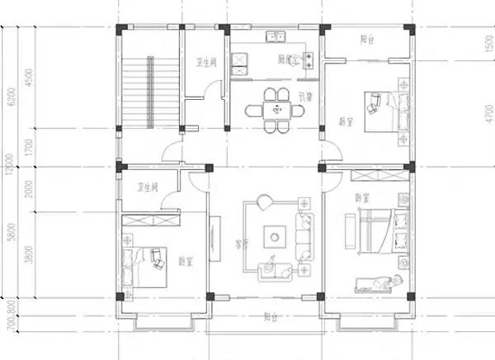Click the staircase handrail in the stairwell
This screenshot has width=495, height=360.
(x=150, y=91)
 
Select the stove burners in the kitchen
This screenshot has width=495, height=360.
(x=310, y=59)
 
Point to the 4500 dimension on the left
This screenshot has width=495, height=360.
(x=30, y=78)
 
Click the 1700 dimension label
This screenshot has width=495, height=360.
(x=30, y=148)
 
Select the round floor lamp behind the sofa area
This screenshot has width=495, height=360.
(x=263, y=201)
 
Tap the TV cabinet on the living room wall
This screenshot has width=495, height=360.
(x=214, y=240)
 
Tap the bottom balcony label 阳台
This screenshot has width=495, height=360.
(x=270, y=315)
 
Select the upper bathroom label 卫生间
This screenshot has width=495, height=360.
(x=205, y=62)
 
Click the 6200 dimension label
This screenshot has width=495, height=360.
(x=11, y=98)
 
